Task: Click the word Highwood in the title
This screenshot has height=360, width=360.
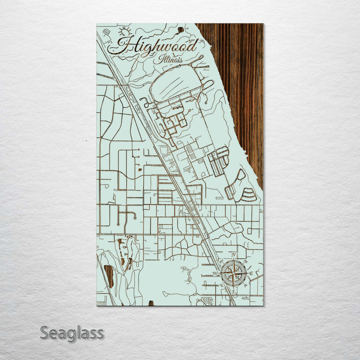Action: pos(155,46)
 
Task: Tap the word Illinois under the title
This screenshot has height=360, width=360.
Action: pos(171,59)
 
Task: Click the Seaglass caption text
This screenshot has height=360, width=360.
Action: pos(71,333)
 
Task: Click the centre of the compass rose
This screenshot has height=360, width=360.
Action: pos(233,273)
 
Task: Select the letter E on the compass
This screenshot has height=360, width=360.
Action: pos(251,274)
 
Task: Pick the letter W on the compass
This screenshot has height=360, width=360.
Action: pos(215,273)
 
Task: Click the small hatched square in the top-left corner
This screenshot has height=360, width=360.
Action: pos(106,32)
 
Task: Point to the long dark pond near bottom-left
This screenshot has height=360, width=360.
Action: pos(108,276)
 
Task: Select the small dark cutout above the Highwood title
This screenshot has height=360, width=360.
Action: pos(180,29)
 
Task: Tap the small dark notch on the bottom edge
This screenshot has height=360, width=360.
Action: pos(149,303)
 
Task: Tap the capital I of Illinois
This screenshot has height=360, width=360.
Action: pos(161,58)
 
